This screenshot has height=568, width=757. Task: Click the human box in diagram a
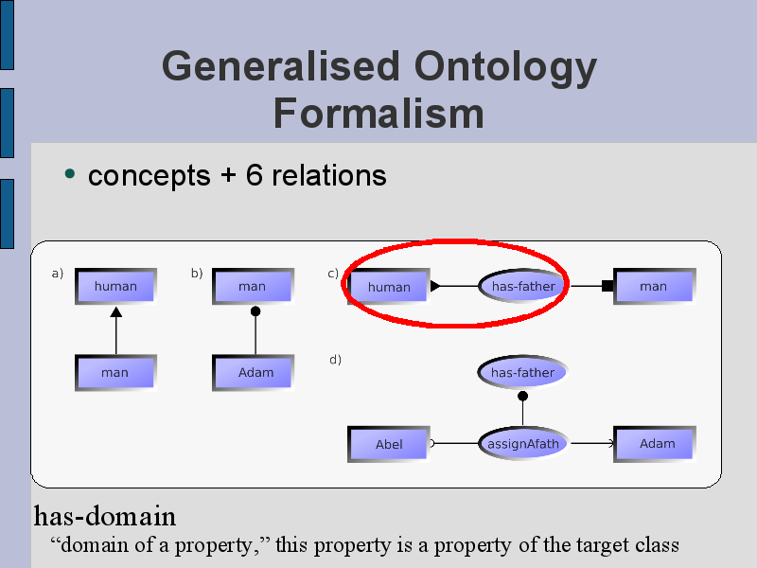115,287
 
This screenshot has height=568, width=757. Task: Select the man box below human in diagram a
115,373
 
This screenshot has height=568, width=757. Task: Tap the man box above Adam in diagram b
253,287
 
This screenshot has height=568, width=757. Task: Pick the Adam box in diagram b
253,373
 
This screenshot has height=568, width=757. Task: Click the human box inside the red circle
389,287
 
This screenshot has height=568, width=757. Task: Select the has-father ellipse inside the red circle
523,286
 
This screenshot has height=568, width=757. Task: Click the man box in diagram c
655,287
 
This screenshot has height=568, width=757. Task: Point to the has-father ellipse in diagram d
522,372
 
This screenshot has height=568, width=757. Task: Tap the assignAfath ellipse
523,443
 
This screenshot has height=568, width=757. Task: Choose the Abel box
389,444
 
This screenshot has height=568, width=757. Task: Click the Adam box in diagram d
655,444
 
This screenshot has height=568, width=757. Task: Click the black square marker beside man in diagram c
607,286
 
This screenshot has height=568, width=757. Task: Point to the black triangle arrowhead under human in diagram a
115,312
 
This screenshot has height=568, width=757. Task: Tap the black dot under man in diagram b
255,311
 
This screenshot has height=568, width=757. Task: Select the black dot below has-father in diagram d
522,397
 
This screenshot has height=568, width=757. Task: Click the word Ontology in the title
505,68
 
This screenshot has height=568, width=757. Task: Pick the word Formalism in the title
378,114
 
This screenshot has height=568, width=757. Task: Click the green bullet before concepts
70,174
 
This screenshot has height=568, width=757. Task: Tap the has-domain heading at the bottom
105,516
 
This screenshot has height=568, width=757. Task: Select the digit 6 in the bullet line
254,175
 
